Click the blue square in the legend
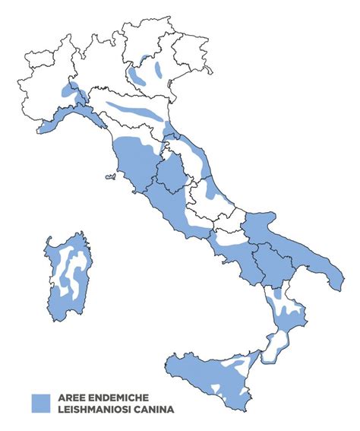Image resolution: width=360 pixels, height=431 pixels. (40, 403)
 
